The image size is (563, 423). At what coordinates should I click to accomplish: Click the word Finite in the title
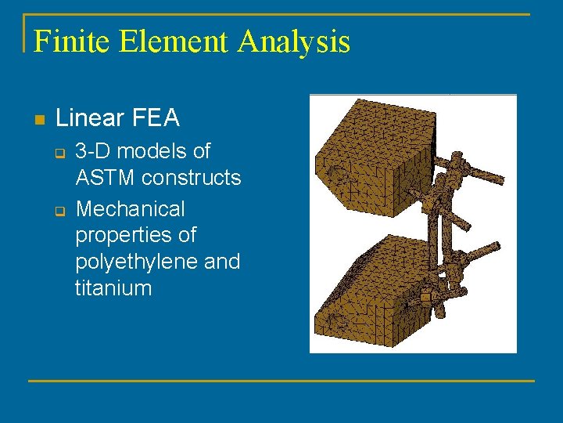pyautogui.click(x=72, y=41)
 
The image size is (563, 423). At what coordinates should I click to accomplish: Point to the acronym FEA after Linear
pyautogui.click(x=160, y=118)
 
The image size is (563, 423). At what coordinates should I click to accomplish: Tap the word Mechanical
pyautogui.click(x=131, y=209)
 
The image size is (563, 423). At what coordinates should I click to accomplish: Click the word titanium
pyautogui.click(x=113, y=288)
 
